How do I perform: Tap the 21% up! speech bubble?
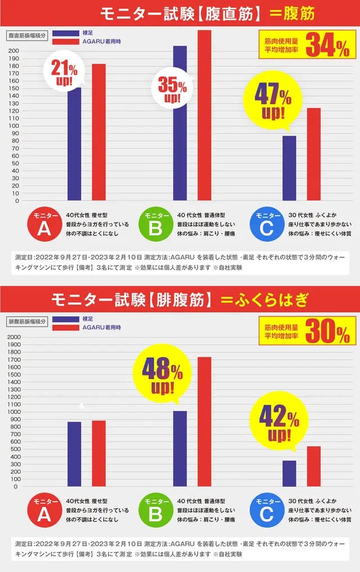pyautogui.click(x=64, y=73)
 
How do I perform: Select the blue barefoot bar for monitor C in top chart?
pyautogui.click(x=289, y=168)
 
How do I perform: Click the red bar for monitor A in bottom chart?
pyautogui.click(x=99, y=453)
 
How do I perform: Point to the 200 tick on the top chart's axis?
pyautogui.click(x=13, y=51)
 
